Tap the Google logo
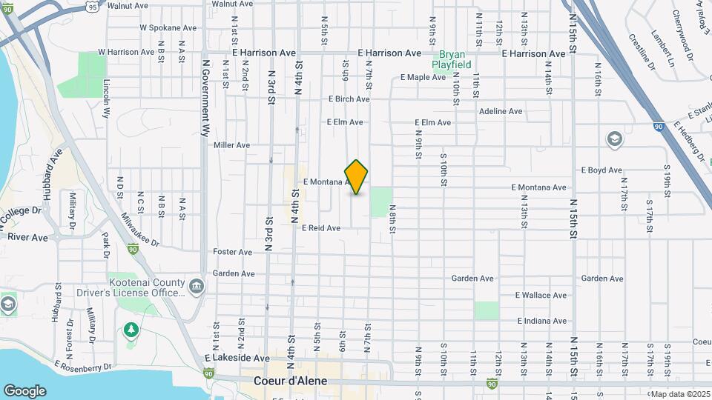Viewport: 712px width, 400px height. click(x=24, y=390)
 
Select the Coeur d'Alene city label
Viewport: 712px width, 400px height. click(x=289, y=381)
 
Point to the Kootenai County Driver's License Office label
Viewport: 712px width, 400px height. click(x=146, y=287)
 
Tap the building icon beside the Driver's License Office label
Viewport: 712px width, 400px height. click(x=196, y=286)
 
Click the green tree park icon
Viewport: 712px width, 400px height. click(x=131, y=328)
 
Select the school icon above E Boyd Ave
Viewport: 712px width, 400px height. click(x=614, y=139)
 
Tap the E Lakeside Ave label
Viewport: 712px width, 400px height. click(x=237, y=358)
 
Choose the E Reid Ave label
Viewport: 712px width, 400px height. click(x=321, y=228)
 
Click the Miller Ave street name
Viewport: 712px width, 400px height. click(x=232, y=145)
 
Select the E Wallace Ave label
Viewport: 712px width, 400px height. click(x=541, y=295)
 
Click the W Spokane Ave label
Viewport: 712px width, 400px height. click(x=168, y=28)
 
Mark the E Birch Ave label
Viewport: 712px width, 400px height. click(x=349, y=99)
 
